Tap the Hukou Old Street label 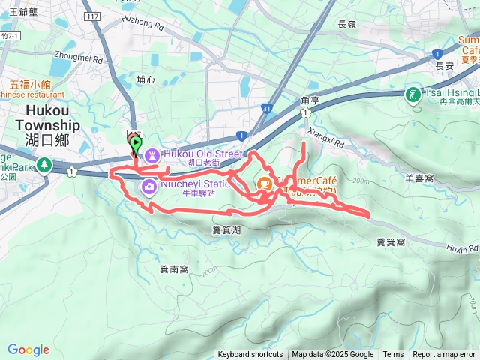(202, 154)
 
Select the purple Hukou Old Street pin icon (151, 155)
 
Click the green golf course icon (412, 94)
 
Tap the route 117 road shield (93, 16)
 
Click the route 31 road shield (267, 109)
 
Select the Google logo (28, 349)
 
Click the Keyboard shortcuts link (250, 355)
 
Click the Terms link (393, 355)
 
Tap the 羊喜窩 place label (419, 178)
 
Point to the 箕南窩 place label (174, 268)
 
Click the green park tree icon (43, 163)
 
